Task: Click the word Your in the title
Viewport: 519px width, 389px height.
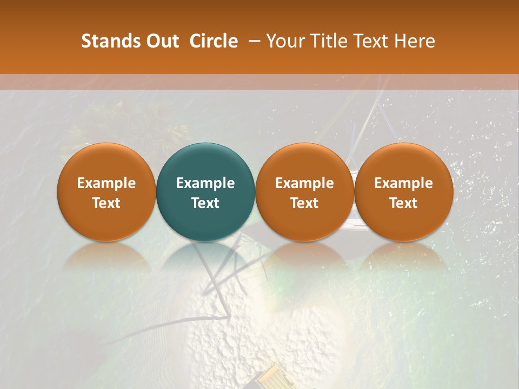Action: pyautogui.click(x=284, y=41)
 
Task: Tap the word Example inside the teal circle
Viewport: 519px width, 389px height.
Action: pyautogui.click(x=205, y=183)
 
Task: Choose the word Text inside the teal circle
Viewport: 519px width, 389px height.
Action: pyautogui.click(x=205, y=203)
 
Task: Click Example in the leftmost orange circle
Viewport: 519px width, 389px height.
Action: pyautogui.click(x=106, y=183)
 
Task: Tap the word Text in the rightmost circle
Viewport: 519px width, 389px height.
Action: pyautogui.click(x=403, y=203)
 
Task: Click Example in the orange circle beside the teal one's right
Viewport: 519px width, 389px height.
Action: pyautogui.click(x=304, y=183)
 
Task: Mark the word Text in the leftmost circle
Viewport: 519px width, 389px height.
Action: pyautogui.click(x=106, y=203)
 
